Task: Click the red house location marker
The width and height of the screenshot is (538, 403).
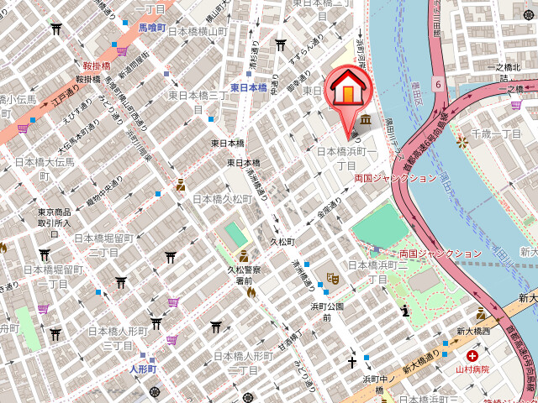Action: click(348, 91)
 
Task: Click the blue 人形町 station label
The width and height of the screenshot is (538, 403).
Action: click(142, 369)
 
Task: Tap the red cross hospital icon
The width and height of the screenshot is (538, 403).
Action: click(472, 356)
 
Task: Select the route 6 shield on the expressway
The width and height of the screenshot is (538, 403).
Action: click(438, 84)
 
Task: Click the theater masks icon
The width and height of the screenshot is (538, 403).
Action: click(332, 275)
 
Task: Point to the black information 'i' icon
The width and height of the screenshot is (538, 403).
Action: click(405, 311)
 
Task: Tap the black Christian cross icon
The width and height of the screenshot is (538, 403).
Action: click(353, 363)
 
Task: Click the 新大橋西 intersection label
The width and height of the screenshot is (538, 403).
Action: click(472, 332)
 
